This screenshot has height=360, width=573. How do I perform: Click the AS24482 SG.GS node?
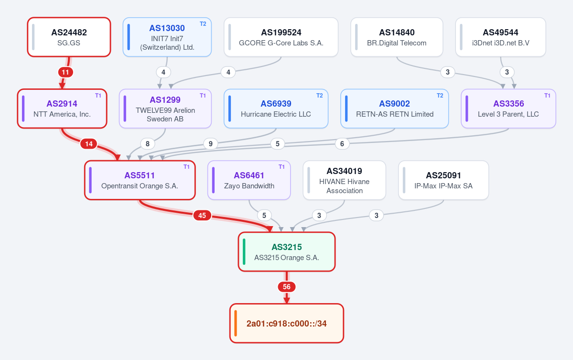69,37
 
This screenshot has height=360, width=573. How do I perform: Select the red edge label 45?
202,215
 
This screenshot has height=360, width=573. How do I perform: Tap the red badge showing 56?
287,287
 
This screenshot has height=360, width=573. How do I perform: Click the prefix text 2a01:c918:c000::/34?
287,324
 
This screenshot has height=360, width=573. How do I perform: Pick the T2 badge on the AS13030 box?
203,24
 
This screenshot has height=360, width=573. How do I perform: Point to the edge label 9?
210,143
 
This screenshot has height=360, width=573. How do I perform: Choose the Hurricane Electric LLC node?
276,109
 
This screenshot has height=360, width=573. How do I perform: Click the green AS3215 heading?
287,247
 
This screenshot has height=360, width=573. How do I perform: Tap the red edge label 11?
65,72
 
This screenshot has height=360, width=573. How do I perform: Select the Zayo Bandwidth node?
249,180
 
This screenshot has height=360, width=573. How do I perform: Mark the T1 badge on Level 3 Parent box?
547,96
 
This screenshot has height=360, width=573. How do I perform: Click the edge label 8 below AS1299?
148,143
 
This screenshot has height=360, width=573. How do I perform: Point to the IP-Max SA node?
443,180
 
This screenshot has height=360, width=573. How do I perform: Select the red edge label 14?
89,143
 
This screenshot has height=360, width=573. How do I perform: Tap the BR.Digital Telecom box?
397,37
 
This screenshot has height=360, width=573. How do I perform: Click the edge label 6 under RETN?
342,143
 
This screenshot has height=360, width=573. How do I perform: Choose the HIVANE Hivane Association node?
344,180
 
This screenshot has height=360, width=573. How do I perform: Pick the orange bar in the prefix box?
236,323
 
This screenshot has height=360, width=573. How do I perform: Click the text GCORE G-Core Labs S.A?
281,43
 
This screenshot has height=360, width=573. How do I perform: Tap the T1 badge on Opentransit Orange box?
186,167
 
